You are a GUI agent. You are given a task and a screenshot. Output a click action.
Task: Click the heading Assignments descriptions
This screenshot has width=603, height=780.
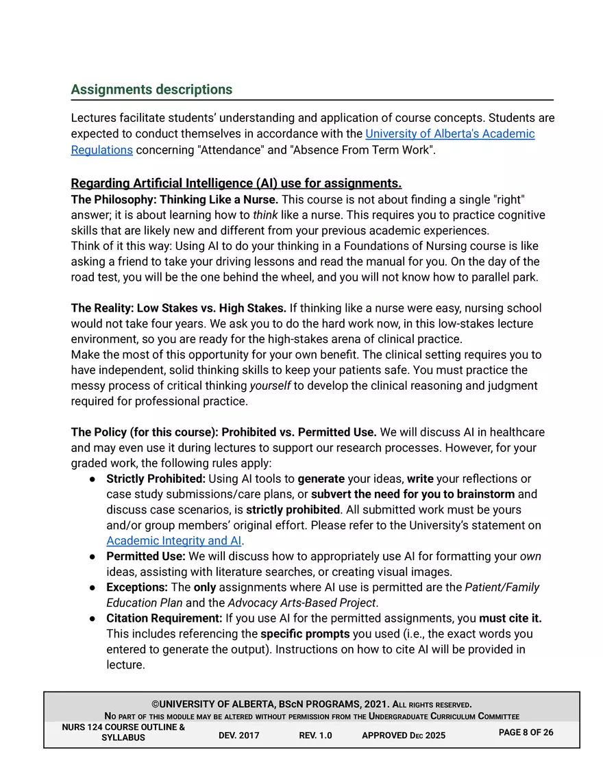pos(151,90)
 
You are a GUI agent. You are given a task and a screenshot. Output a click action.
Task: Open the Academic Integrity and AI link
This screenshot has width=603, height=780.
pos(174,540)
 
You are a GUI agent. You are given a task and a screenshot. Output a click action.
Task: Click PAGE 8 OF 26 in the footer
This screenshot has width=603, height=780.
pos(526,733)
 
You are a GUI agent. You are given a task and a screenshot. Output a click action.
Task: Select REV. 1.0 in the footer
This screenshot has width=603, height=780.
pos(315,735)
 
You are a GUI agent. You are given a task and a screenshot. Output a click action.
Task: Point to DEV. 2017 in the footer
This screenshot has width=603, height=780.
pos(238,735)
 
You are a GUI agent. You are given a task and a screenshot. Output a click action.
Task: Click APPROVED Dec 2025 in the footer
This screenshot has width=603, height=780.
pos(403,735)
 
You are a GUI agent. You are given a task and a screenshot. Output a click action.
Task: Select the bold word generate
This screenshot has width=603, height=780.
pos(321,479)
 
